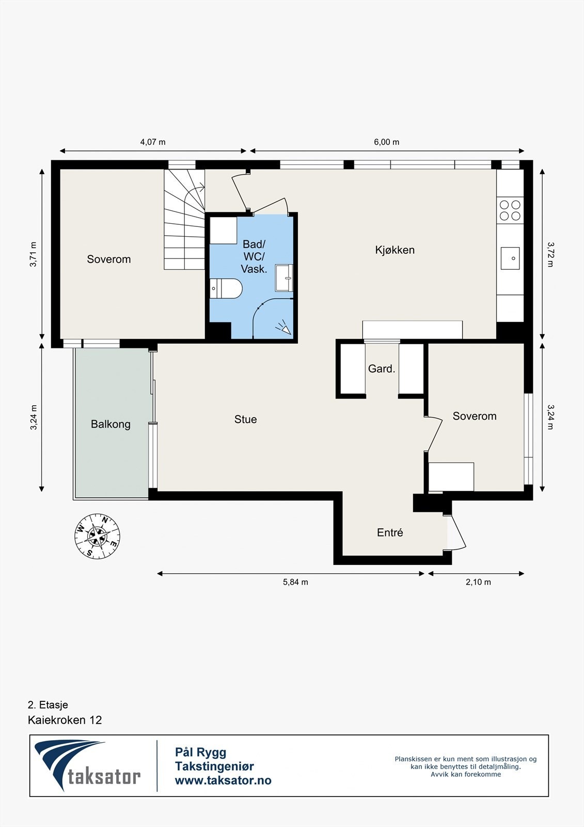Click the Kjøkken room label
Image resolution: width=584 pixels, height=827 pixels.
[394, 250]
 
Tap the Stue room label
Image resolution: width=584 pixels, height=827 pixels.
[245, 419]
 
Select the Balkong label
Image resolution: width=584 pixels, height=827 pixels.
[111, 424]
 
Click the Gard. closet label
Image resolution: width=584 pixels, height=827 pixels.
[382, 369]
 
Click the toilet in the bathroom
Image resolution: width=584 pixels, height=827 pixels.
[226, 288]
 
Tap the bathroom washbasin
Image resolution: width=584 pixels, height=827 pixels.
[283, 278]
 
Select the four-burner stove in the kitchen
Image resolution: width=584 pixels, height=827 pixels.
[510, 210]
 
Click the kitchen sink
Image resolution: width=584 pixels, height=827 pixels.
[510, 258]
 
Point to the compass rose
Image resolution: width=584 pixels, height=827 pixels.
[98, 535]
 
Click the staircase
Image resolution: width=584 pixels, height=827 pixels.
[184, 219]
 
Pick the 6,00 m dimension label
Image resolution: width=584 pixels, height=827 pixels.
[387, 142]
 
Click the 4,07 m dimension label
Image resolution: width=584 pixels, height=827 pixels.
[153, 142]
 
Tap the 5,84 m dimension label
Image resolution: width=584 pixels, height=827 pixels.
[295, 582]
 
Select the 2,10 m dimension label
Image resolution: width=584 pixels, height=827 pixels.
[478, 582]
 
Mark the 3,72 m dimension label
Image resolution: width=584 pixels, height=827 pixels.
[550, 254]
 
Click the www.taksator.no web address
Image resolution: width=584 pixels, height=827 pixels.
[223, 780]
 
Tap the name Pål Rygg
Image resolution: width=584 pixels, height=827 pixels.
[201, 752]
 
